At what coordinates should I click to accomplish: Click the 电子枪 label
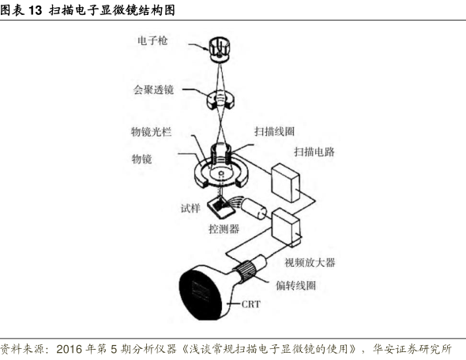152,40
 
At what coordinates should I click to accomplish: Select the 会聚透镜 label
153,89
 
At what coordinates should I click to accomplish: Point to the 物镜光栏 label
152,132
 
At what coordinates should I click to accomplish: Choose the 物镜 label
141,159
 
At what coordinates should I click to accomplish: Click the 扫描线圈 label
274,131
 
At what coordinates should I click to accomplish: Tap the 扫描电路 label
314,152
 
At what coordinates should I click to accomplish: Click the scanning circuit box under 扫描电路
285,182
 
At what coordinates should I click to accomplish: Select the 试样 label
190,208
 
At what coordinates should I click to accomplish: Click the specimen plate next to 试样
221,208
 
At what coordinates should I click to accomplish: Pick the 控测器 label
224,229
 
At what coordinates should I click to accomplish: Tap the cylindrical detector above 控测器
254,208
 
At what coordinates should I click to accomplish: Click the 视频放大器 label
310,263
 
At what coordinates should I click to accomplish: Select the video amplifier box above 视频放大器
286,227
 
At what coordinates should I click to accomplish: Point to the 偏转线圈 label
295,286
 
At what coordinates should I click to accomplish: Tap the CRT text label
251,304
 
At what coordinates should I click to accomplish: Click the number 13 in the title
35,10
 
